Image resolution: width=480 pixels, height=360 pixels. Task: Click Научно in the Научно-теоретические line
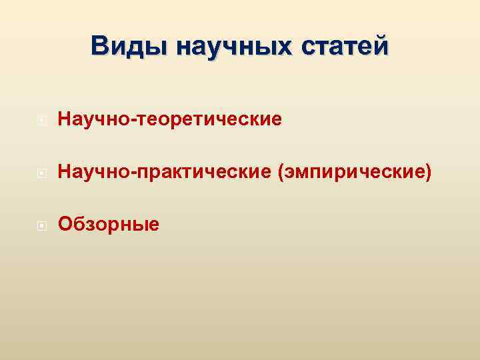pos(96,120)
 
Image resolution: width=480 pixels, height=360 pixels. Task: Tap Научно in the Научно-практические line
pos(96,173)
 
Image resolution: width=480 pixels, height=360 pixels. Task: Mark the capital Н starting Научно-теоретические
pos(65,120)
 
